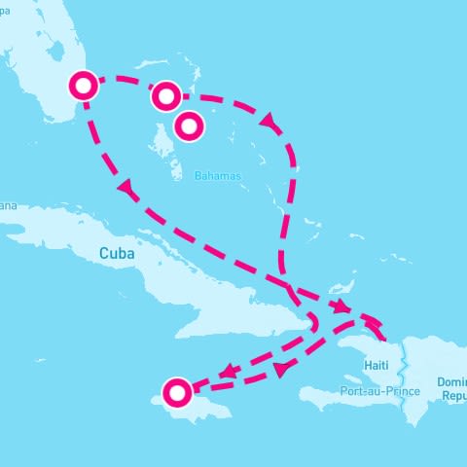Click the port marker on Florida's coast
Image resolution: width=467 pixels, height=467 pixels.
point(84,86)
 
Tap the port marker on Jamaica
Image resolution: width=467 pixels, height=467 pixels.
point(177,393)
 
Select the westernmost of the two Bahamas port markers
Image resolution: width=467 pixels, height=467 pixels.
point(165,95)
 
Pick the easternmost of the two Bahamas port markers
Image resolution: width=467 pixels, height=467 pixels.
point(190,124)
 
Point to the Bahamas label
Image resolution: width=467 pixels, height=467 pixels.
point(216,176)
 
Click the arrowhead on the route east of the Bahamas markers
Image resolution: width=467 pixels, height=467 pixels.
point(267,119)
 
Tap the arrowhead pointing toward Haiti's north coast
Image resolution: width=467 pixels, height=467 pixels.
point(343,307)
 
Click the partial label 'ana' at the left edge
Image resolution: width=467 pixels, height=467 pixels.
point(9,205)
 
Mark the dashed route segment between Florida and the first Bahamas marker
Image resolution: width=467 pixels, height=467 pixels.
point(125,82)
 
